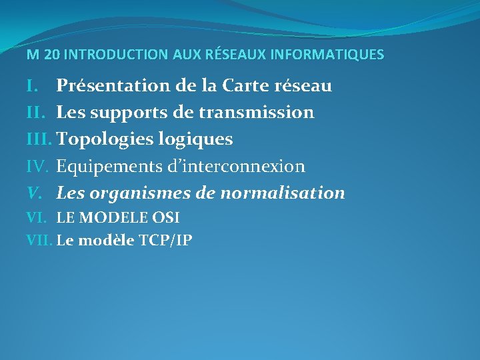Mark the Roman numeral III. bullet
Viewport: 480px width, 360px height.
pyautogui.click(x=39, y=139)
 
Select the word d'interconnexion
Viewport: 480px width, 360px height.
pyautogui.click(x=236, y=166)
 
